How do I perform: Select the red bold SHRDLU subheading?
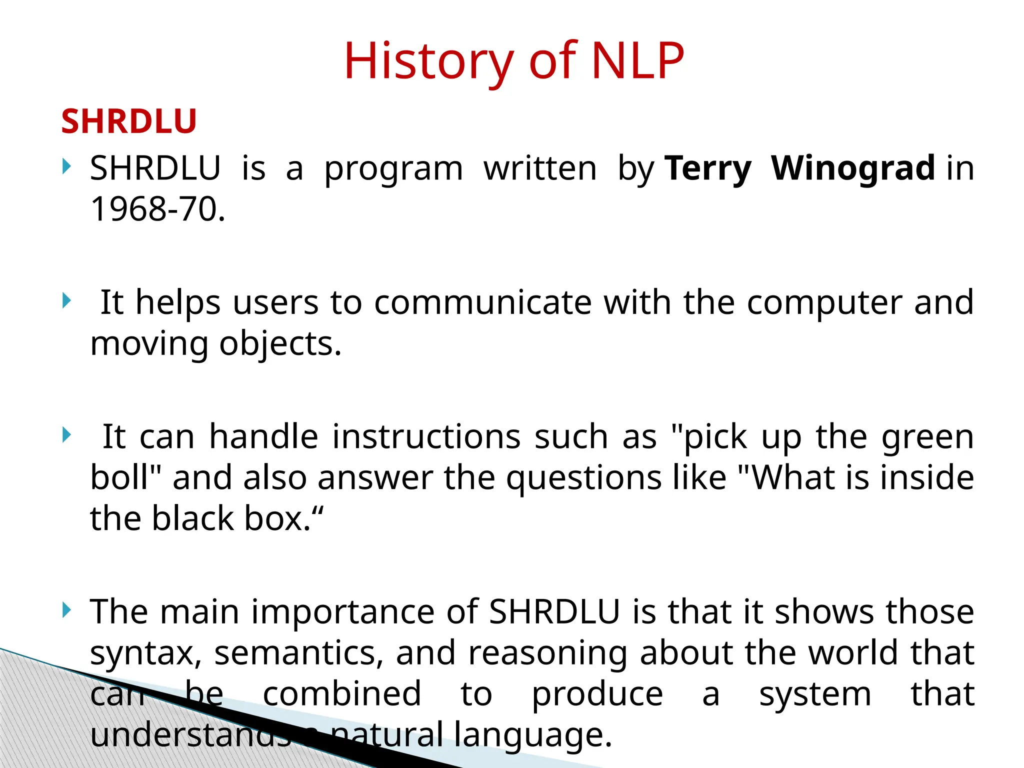pyautogui.click(x=129, y=121)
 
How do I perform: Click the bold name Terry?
pyautogui.click(x=708, y=168)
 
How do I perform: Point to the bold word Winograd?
pyautogui.click(x=853, y=168)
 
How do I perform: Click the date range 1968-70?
pyautogui.click(x=157, y=209)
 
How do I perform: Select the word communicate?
pyautogui.click(x=482, y=302)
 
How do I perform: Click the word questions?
pyautogui.click(x=583, y=477)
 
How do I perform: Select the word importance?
pyautogui.click(x=342, y=611)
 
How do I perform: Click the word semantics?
pyautogui.click(x=299, y=652)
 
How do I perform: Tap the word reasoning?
pyautogui.click(x=547, y=652)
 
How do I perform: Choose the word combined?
pyautogui.click(x=342, y=693)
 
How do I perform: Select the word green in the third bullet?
pyautogui.click(x=927, y=436)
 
